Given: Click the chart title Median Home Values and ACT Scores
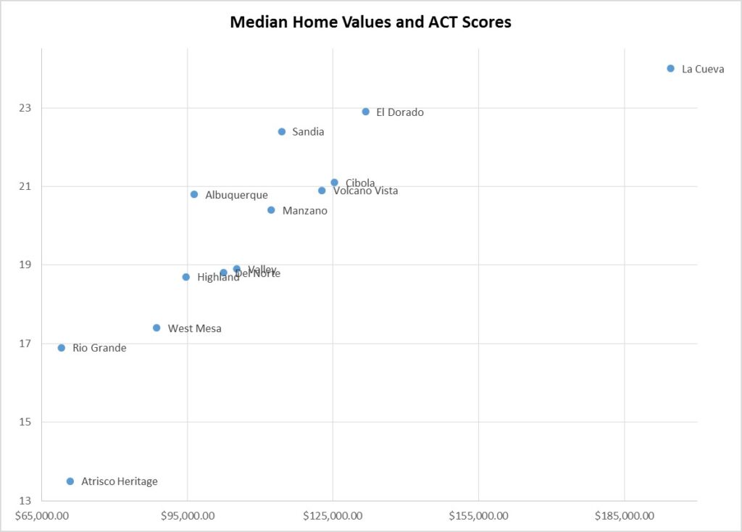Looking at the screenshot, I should coord(370,22).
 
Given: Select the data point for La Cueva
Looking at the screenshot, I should coord(670,68).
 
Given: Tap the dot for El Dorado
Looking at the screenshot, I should coord(365,112).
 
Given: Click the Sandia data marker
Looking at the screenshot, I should coord(281,131).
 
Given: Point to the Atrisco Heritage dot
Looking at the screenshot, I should coord(70,481).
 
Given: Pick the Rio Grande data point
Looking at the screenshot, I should coord(62,348).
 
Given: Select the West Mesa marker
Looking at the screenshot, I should coord(157,328).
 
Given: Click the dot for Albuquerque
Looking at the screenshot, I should coord(194,194).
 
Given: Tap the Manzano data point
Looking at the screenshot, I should coord(271,210).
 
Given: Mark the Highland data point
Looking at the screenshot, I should coord(186,277).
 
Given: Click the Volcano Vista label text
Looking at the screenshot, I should coord(366,191).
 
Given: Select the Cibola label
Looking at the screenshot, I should coord(360,183).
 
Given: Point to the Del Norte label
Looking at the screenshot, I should coord(258,274).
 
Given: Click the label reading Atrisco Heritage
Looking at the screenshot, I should coord(119,481).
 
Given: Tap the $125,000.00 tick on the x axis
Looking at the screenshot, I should coord(333,516).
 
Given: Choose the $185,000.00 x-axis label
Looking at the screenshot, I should coord(624,516).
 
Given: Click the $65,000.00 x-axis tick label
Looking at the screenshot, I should coord(42,516).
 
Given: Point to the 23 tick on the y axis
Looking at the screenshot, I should coord(26,108).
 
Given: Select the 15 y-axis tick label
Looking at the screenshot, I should coord(26,422).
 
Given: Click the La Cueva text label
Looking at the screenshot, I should coord(703,69).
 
